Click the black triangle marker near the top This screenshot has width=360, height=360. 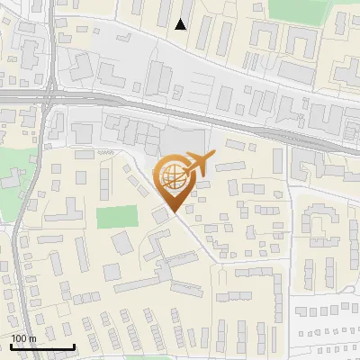[x=181, y=24]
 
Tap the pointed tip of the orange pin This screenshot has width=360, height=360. [x=172, y=211]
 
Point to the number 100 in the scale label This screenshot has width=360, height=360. [x=19, y=338]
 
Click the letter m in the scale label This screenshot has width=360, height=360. [x=32, y=338]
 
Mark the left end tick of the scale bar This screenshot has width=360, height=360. [x=10, y=346]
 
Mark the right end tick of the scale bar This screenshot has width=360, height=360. [x=74, y=346]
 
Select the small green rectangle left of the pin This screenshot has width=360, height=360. [x=116, y=218]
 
